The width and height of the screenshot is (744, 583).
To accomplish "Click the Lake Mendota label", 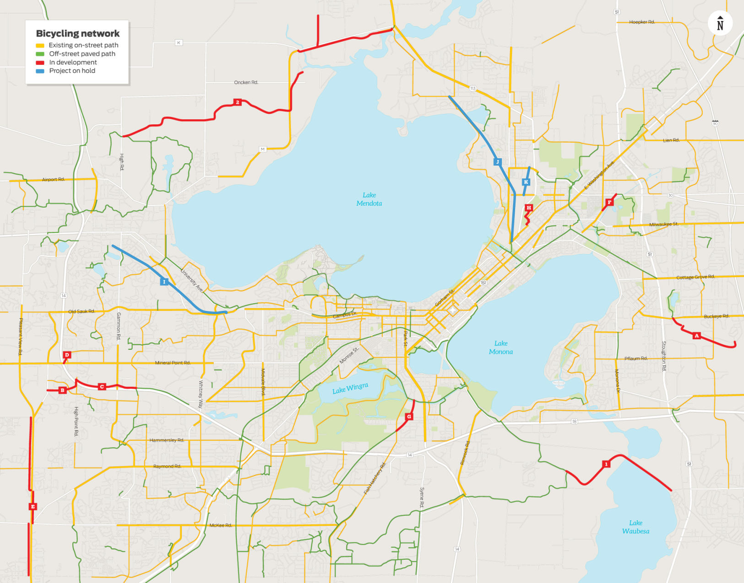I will point(369,199).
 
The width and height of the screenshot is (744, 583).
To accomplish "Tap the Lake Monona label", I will point(500,348).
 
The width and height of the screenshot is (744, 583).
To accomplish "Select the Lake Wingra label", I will point(350,389).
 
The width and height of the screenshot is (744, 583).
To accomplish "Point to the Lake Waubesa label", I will point(635,527).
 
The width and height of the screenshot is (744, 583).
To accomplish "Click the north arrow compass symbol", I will point(720,23).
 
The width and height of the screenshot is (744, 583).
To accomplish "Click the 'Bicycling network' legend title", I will point(78,33).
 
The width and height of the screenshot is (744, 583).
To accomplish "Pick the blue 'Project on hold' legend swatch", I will point(40,71).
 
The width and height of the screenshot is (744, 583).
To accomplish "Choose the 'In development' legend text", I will point(73,62).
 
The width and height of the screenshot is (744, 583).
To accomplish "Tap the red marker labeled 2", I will point(237,102).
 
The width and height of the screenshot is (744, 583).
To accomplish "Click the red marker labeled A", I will point(696,336).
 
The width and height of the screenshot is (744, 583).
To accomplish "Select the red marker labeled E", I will point(33,506).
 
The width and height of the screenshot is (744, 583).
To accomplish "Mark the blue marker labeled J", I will point(497,162).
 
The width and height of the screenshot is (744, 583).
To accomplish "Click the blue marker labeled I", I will point(164,282).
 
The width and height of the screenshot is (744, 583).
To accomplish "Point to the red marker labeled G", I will point(409,417).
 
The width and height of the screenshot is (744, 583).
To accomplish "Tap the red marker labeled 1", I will point(606,464).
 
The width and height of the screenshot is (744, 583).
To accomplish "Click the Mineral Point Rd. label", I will point(173,363).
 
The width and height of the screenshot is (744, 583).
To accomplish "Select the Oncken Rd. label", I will point(246,82).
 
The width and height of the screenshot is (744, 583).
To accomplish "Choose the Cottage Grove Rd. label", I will point(695,277).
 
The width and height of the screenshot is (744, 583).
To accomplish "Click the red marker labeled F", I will point(609,202).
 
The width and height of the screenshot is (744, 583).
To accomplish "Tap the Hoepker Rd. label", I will point(642,22).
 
